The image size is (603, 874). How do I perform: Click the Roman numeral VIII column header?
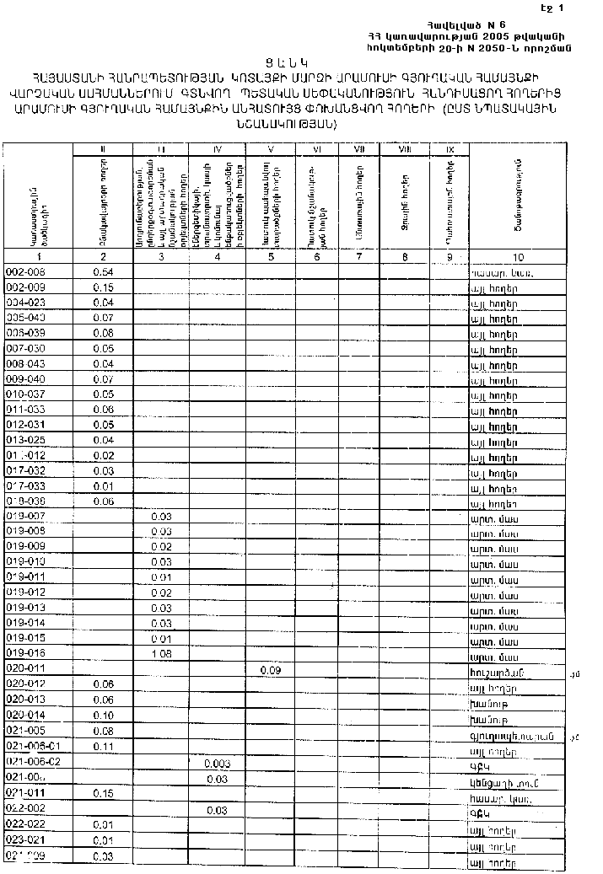(x=404, y=150)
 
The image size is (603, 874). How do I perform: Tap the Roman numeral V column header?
(x=271, y=150)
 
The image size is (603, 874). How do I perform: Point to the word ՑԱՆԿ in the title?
(x=301, y=62)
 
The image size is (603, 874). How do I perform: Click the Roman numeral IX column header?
(x=450, y=150)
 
